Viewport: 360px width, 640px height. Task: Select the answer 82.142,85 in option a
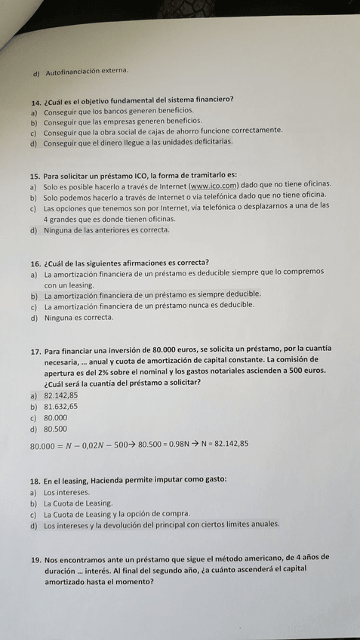61,395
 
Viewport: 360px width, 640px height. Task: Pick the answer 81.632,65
61,407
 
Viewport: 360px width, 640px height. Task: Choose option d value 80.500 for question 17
56,429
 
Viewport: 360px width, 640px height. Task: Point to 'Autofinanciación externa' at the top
87,72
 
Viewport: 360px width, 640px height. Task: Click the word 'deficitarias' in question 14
200,141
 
